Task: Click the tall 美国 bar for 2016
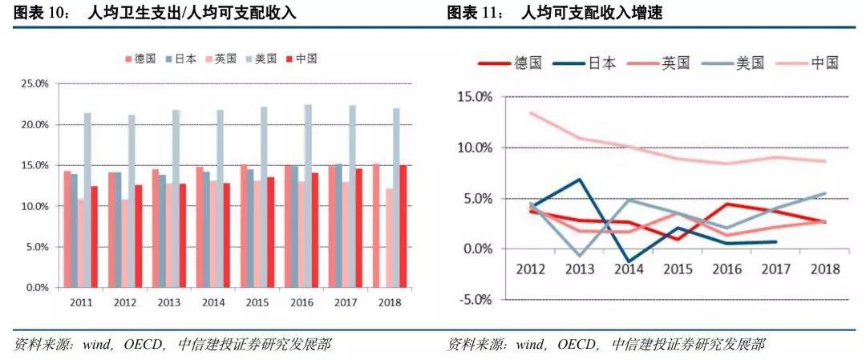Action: pos(308,196)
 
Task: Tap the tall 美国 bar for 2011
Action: pos(87,200)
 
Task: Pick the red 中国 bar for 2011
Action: pos(95,237)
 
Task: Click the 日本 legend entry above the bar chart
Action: pos(180,59)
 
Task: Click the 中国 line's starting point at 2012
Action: pos(531,112)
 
